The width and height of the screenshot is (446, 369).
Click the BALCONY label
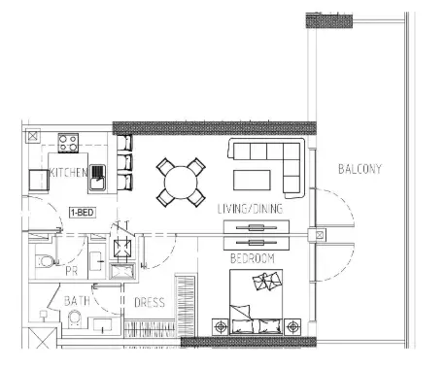click(x=360, y=169)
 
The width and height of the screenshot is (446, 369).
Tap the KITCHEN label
click(x=69, y=173)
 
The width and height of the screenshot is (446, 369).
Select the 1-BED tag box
click(x=83, y=213)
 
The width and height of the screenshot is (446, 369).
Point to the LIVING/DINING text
click(x=250, y=209)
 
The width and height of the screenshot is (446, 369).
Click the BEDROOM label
click(x=253, y=258)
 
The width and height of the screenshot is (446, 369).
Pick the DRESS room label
click(x=150, y=303)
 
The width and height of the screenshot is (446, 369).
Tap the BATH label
click(x=77, y=301)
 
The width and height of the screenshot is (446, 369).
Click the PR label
click(x=72, y=271)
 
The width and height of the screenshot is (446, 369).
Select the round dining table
click(x=181, y=183)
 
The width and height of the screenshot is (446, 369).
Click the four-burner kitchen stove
click(x=68, y=143)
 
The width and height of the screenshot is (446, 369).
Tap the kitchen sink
click(x=97, y=179)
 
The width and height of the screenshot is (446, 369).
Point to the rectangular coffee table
click(x=252, y=181)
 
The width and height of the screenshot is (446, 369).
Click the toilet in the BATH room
click(x=76, y=319)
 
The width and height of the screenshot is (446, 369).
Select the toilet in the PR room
click(x=44, y=261)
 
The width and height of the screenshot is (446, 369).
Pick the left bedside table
click(x=221, y=326)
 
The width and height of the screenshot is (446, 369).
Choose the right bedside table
click(x=292, y=326)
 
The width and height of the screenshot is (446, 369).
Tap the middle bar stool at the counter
click(x=124, y=162)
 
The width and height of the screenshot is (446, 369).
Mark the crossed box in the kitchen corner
click(x=32, y=136)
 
